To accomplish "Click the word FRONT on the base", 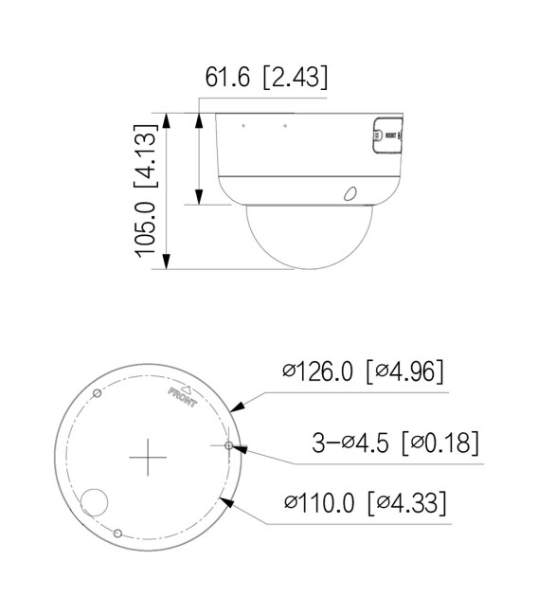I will point(182,397).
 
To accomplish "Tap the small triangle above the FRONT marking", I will point(188,387).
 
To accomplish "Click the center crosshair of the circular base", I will point(147,459).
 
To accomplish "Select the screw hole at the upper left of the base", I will point(96,392).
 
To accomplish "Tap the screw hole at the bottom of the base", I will point(117,534).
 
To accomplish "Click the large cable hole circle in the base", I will point(96,503).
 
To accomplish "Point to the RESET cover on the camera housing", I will point(385,135).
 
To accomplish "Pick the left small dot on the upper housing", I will point(242,125).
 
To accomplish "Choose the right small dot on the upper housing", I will point(286,125).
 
